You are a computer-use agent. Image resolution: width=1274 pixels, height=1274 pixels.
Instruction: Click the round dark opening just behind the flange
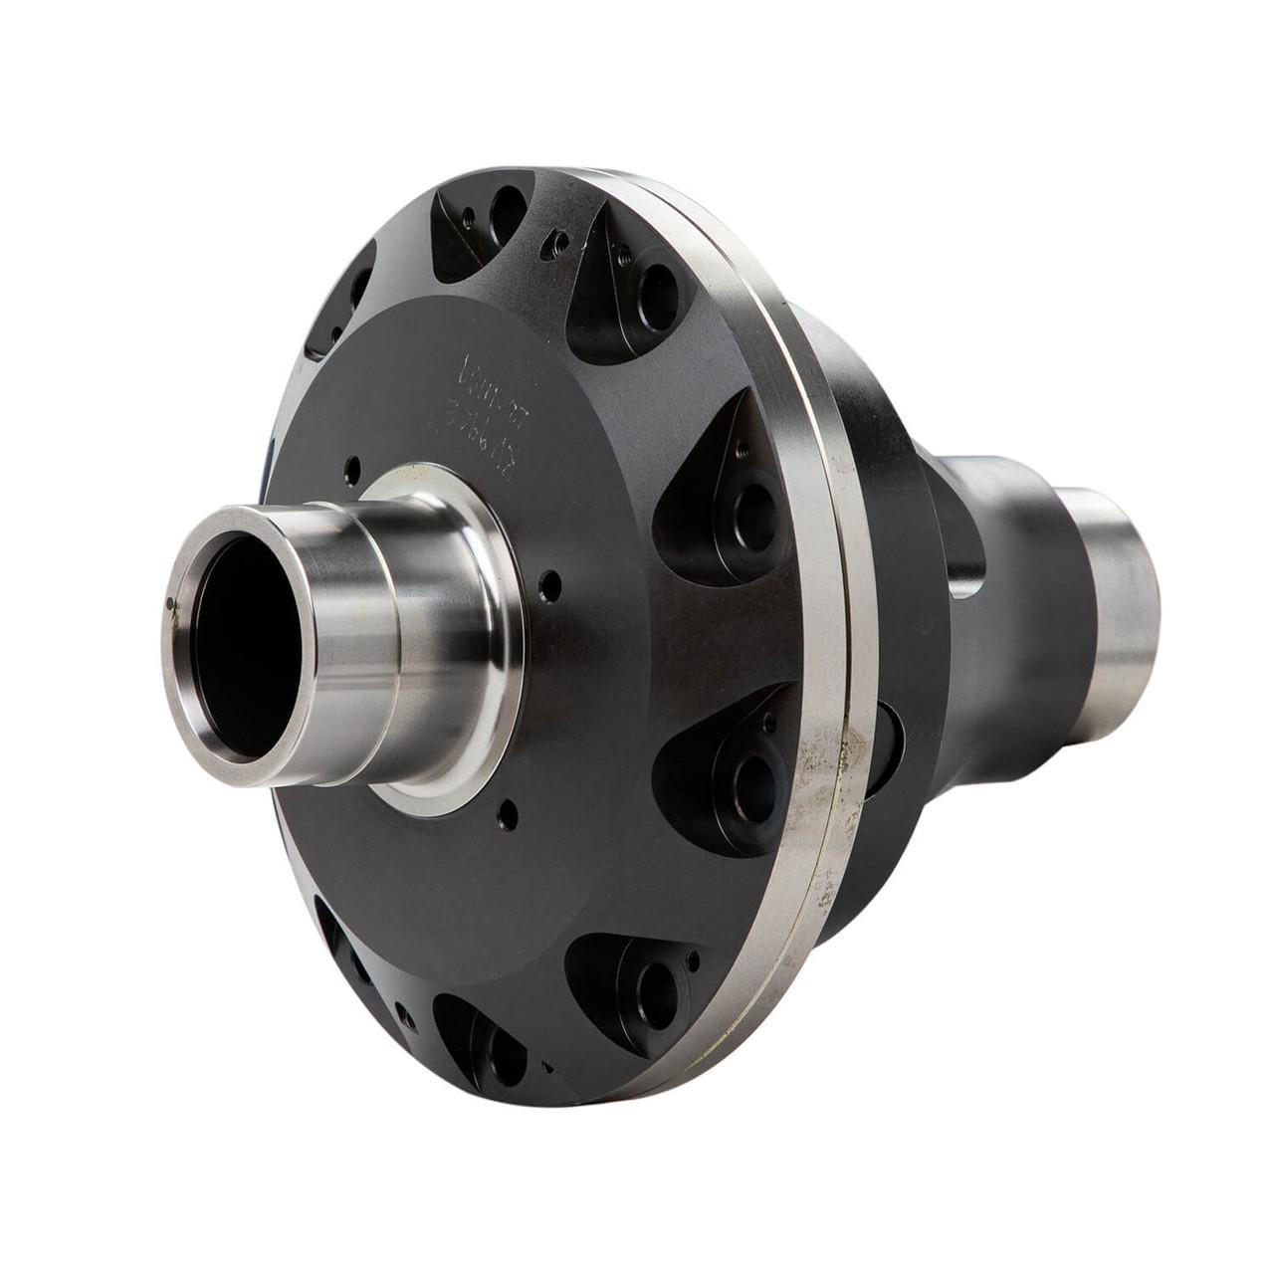click(887, 745)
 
